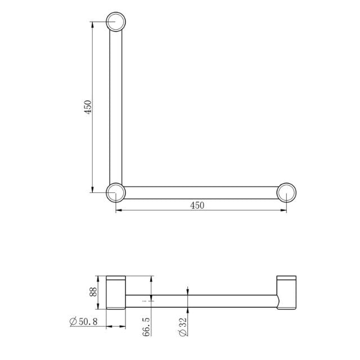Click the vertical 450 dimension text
[87, 107]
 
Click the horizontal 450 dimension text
[197, 205]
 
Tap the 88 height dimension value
[94, 292]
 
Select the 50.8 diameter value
[91, 321]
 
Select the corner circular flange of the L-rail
[116, 192]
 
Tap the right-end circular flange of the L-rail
[287, 192]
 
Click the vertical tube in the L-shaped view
[116, 107]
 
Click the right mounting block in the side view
[286, 292]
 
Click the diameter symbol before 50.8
[73, 321]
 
